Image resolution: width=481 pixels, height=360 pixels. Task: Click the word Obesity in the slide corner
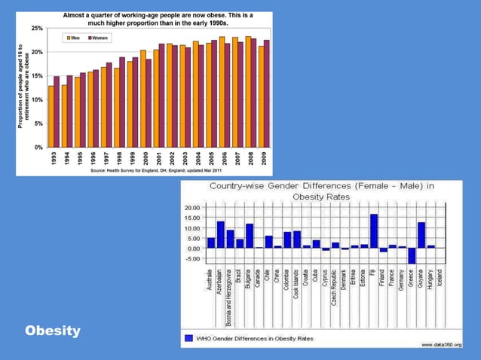point(52,331)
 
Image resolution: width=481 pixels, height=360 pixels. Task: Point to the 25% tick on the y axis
point(37,28)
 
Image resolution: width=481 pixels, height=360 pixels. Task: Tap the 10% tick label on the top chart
point(37,99)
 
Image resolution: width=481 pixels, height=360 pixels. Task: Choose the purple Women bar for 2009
point(266,93)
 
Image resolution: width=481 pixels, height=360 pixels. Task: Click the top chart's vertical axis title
point(23,87)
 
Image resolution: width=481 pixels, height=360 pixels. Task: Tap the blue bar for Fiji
point(374,231)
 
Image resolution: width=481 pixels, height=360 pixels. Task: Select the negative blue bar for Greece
point(412,255)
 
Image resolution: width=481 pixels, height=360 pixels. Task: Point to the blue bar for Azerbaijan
point(221,234)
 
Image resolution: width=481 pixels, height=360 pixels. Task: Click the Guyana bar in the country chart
point(421,235)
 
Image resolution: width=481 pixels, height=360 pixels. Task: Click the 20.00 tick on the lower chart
point(192,208)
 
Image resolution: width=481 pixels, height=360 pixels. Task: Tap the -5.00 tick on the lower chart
point(192,258)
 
